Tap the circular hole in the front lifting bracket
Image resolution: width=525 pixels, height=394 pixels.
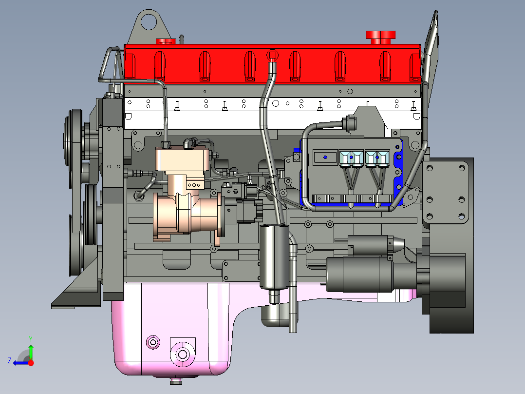pyautogui.click(x=149, y=21)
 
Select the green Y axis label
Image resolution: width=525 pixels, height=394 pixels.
pyautogui.click(x=31, y=339)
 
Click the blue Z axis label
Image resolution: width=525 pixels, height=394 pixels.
pyautogui.click(x=10, y=360)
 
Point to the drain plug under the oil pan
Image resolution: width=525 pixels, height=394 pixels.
pyautogui.click(x=176, y=381)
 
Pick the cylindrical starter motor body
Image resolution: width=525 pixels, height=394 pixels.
pyautogui.click(x=360, y=275)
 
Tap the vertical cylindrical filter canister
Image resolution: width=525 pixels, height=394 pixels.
pyautogui.click(x=274, y=256)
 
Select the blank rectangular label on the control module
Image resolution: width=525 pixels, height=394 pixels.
pyautogui.click(x=325, y=158)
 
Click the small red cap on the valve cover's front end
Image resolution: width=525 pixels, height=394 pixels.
pyautogui.click(x=166, y=41)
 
